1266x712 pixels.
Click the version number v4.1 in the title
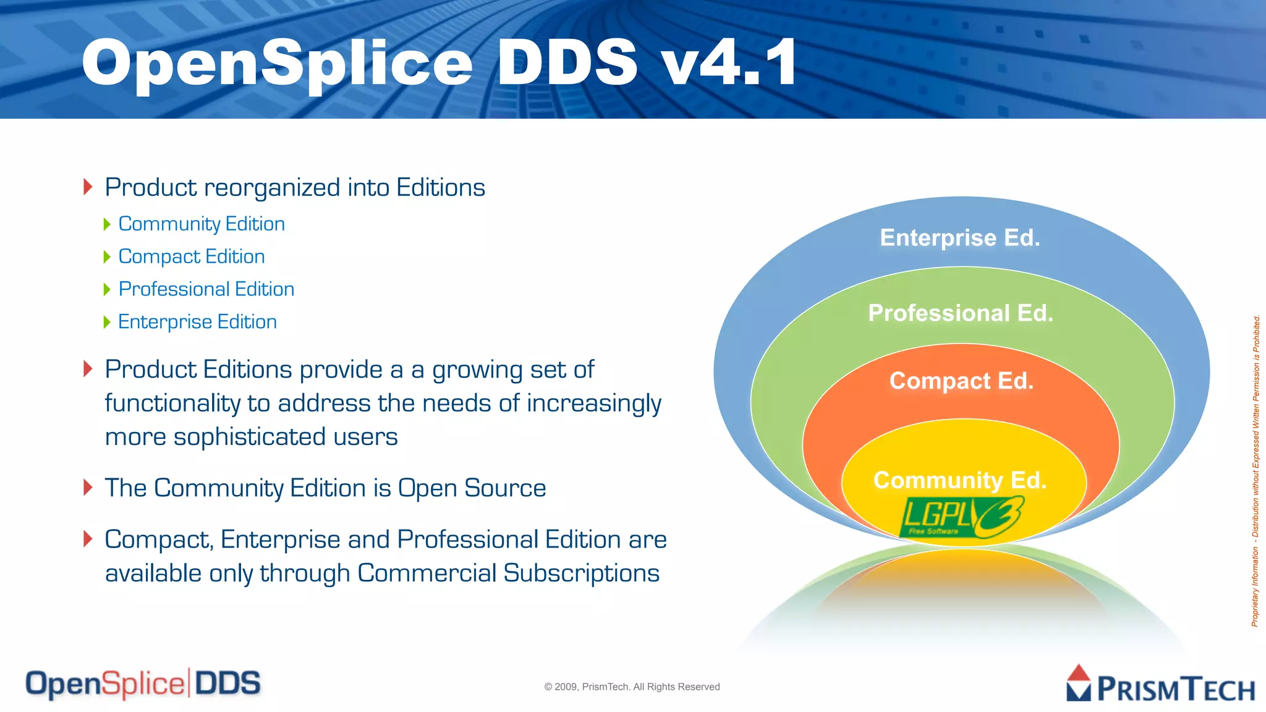pos(729,62)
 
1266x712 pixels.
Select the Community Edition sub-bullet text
pos(202,224)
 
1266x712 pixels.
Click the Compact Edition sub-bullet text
pos(192,256)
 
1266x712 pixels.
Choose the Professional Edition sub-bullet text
pos(206,289)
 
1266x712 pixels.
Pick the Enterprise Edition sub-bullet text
pos(197,322)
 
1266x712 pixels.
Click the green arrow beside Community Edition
pos(107,224)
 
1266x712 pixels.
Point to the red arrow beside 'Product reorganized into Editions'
pos(88,187)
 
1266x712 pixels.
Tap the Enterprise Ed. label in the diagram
pos(960,238)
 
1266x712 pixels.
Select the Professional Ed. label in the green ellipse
pos(961,313)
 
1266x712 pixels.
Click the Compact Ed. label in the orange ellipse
pos(961,381)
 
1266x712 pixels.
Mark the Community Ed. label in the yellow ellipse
pos(960,480)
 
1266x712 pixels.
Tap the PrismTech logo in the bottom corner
pos(1160,685)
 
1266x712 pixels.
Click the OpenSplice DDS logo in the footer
pos(143,684)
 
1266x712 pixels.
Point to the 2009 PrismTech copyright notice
pos(632,687)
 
